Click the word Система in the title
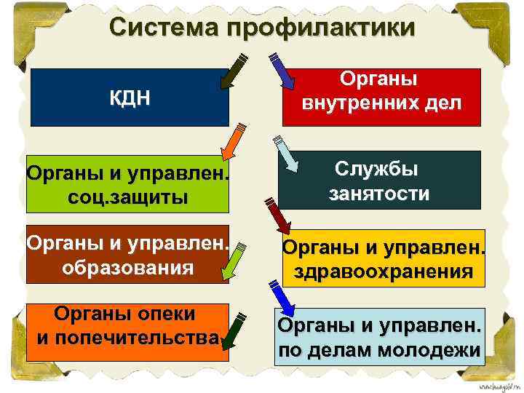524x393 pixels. tap(165, 28)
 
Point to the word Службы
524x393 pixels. tap(379, 169)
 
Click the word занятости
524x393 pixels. tap(379, 194)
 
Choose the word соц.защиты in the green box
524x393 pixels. tap(127, 197)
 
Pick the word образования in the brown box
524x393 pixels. tap(127, 266)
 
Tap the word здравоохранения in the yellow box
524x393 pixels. tap(384, 272)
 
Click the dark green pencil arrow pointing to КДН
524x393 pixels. tap(234, 72)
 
